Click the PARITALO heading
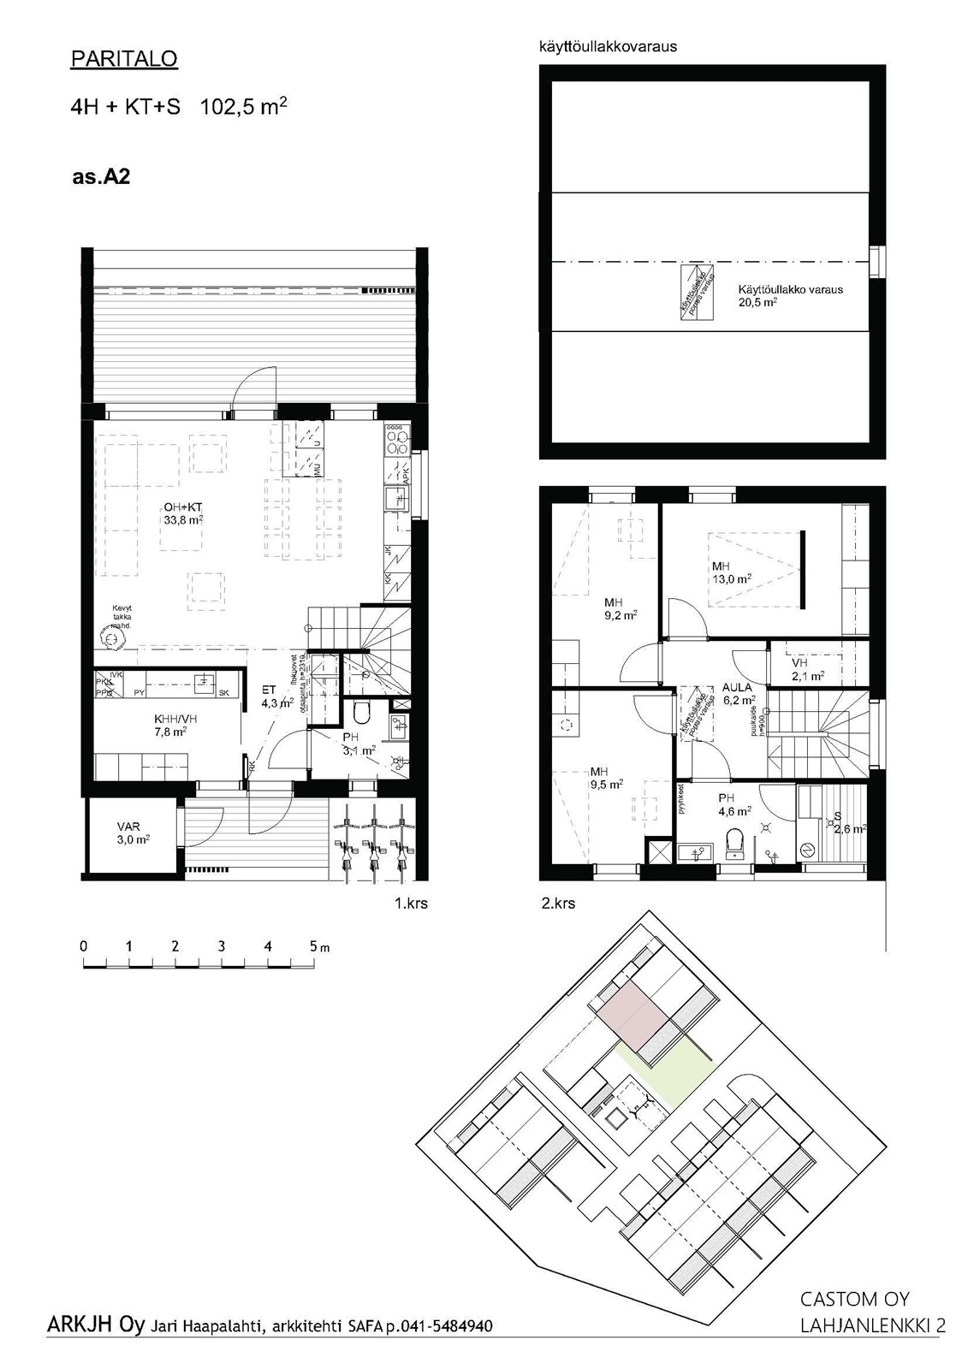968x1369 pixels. tap(124, 59)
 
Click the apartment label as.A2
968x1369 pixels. tap(101, 178)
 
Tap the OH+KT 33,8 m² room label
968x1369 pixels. tap(183, 513)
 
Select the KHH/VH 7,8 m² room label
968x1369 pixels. tap(169, 726)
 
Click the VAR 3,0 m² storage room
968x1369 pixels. tap(134, 833)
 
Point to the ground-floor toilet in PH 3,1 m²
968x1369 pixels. tap(359, 712)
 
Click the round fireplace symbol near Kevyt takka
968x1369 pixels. tap(110, 638)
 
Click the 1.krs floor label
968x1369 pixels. tap(411, 903)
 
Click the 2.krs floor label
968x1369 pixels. tap(559, 903)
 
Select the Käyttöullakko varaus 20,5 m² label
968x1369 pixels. tap(790, 295)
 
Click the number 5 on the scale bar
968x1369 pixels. tap(314, 947)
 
